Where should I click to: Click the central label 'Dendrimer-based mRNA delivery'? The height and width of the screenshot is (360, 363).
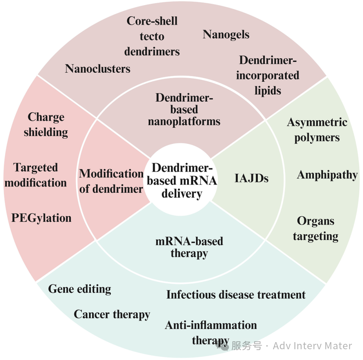pos(182,181)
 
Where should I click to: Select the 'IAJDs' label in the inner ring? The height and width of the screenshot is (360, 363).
pos(251,178)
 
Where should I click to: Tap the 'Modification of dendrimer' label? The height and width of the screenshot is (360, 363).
pos(111,181)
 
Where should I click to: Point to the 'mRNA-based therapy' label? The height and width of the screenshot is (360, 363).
pos(189,247)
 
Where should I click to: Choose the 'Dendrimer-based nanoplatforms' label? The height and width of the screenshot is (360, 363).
pos(184,109)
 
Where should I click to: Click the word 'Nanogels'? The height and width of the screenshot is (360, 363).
pos(226,34)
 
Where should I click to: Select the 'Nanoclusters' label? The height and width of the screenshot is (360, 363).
pos(97,69)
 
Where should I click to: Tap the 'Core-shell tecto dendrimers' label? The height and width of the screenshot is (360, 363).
pos(152,36)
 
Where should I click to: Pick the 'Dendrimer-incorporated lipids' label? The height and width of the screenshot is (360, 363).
pos(268,75)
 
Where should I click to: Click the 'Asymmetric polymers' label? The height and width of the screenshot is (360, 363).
pos(317,130)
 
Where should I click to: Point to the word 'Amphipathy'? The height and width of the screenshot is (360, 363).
pos(327,175)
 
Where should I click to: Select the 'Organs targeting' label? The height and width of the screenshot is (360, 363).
pos(316,228)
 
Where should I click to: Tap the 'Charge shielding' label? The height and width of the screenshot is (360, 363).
pos(46,124)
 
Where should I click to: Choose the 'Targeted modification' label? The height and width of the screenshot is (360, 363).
pos(36,175)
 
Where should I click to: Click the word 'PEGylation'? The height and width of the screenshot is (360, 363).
pos(41,218)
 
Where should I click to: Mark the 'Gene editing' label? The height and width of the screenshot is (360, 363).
pos(80,289)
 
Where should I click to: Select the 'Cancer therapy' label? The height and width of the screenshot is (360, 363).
pos(112,314)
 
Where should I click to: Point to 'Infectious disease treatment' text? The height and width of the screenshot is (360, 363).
pos(236,295)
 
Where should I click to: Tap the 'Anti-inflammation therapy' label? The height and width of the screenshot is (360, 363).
pos(211,332)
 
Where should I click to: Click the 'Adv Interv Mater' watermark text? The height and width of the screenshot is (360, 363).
pos(312,346)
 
